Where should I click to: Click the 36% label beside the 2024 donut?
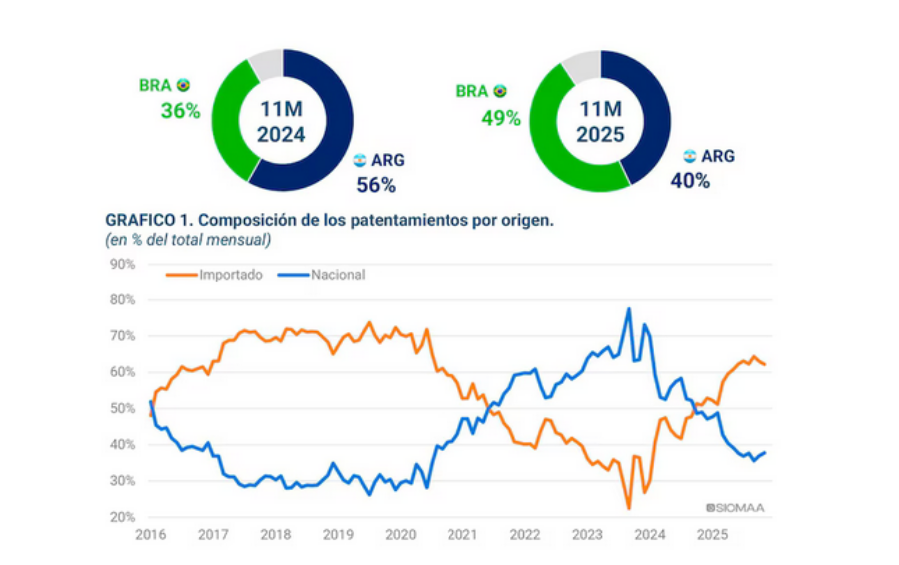[181, 110]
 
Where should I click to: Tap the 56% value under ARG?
[376, 184]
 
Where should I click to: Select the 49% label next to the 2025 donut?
[501, 117]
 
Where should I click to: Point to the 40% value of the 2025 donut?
[690, 181]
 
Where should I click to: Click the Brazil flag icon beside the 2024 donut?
[183, 86]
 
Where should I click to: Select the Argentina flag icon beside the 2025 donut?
[689, 156]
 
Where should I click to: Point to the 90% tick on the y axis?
[121, 264]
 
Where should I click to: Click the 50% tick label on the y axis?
[121, 409]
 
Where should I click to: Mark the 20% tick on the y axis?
[121, 517]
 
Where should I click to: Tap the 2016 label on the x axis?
[151, 535]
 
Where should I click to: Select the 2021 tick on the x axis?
[461, 535]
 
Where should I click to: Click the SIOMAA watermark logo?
[735, 507]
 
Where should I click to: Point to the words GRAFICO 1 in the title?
[151, 218]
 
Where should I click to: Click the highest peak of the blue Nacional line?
[629, 309]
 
